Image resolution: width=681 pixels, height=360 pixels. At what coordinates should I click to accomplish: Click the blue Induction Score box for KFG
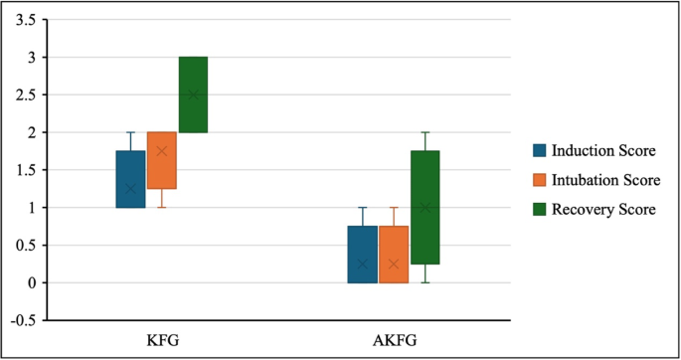click(130, 179)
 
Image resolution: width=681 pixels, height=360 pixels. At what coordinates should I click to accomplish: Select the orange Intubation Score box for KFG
click(162, 160)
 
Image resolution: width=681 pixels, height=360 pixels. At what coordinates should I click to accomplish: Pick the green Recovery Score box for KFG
click(193, 94)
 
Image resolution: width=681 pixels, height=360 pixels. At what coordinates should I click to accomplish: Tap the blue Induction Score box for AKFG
click(363, 255)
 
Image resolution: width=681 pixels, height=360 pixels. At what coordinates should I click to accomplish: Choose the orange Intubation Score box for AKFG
click(394, 255)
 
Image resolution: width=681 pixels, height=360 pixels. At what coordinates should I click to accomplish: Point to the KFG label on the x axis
click(162, 341)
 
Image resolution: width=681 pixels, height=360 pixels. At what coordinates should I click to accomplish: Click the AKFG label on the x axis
click(395, 341)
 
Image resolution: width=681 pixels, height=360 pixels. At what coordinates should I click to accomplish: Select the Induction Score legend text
click(603, 150)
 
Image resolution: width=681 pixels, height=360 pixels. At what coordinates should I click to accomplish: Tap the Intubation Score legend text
click(605, 180)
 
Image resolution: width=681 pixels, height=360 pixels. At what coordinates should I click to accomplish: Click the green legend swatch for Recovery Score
click(541, 209)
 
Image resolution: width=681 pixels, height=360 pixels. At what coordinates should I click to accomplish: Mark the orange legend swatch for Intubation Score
click(541, 180)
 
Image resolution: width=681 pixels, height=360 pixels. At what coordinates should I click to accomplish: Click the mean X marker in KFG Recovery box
click(193, 94)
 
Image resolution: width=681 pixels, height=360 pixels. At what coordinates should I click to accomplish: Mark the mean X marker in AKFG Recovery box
click(426, 208)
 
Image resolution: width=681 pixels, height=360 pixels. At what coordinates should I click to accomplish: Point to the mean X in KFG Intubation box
click(162, 151)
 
